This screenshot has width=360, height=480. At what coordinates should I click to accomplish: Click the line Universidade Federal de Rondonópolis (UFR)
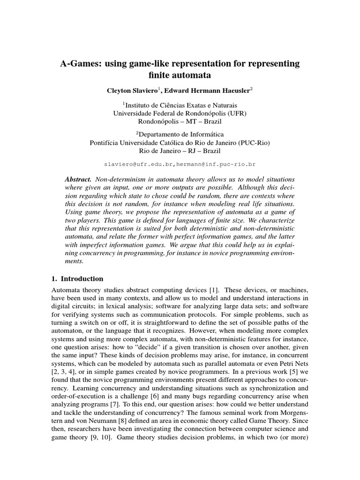tap(180, 113)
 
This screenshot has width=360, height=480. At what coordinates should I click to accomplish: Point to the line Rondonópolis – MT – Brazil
tap(180, 121)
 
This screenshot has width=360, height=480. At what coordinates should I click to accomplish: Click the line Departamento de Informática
tap(180, 135)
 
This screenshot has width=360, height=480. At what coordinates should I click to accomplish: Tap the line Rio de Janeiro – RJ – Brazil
tap(180, 151)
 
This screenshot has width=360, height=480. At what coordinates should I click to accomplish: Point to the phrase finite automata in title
tap(180, 75)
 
